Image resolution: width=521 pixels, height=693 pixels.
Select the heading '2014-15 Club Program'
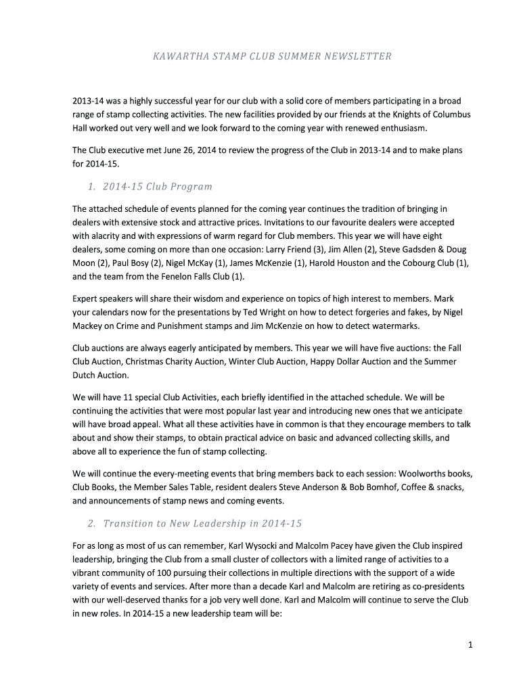tap(158, 187)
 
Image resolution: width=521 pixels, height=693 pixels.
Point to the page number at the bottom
tap(470, 645)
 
